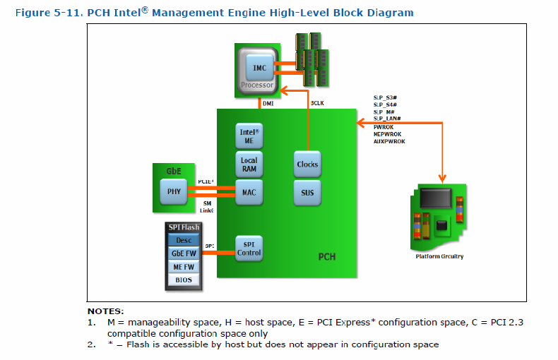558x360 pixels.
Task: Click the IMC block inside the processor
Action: [259, 67]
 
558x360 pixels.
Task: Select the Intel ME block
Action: [249, 136]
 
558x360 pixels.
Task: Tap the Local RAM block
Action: [249, 164]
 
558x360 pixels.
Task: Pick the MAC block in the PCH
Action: [249, 192]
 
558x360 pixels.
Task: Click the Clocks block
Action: [307, 164]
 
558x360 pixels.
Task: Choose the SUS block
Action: [307, 192]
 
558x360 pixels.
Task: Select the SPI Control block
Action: [249, 248]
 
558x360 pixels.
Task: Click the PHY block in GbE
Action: [174, 191]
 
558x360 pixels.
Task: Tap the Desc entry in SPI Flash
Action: [184, 240]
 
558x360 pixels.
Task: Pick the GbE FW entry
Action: [184, 253]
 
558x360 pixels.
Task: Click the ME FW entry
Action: [184, 267]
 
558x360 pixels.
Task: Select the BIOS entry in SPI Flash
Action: [184, 280]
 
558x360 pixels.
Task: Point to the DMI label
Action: [268, 103]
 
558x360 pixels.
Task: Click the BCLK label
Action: [317, 103]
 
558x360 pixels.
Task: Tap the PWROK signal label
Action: [384, 126]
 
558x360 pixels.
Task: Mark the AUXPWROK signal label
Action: [390, 140]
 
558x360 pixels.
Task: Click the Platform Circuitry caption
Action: [439, 256]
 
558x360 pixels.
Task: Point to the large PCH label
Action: [326, 256]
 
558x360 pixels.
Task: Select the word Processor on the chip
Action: [256, 85]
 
